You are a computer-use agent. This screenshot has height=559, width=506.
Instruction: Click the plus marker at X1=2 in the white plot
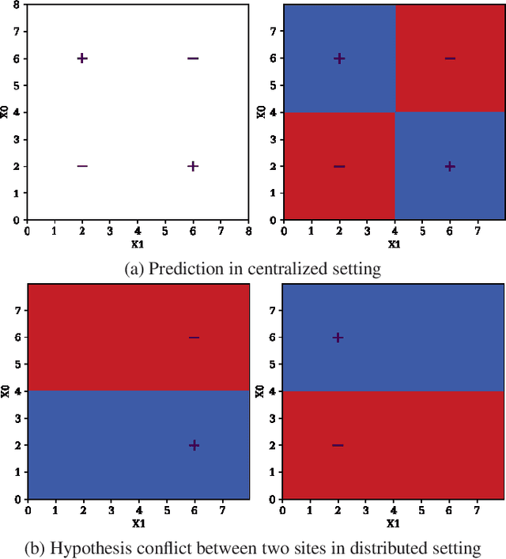[x=82, y=58]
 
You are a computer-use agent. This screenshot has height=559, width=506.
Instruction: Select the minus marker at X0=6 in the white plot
[x=193, y=58]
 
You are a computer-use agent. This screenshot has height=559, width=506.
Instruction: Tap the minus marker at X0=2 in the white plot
[x=82, y=166]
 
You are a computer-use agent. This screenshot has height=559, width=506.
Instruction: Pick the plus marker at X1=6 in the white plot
[x=193, y=166]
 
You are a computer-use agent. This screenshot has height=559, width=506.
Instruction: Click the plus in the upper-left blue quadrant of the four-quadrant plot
[x=339, y=58]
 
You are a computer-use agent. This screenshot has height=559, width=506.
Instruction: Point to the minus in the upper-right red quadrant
[x=450, y=58]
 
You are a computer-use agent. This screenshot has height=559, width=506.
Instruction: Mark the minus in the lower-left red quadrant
[x=339, y=166]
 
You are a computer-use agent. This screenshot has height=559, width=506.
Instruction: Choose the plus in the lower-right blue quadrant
[x=450, y=166]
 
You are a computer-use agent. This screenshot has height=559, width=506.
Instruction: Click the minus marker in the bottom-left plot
[x=194, y=337]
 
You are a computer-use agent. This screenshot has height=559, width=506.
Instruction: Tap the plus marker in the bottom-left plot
[x=194, y=445]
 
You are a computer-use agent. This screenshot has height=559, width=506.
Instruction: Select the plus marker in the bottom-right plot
[x=338, y=337]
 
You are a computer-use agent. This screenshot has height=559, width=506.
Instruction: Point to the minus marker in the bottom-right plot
[x=338, y=445]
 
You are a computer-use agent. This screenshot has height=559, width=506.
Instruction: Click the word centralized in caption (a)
[x=289, y=270]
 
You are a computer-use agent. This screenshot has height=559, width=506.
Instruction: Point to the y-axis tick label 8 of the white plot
[x=17, y=5]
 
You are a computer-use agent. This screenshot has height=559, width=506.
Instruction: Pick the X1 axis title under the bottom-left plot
[x=138, y=523]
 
